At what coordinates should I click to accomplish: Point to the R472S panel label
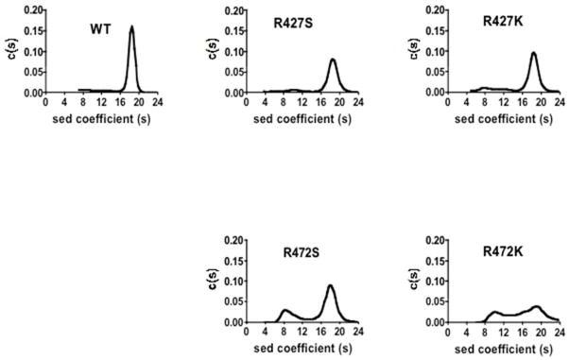(302, 253)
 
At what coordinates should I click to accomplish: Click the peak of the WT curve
(130, 27)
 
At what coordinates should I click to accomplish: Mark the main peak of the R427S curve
(333, 60)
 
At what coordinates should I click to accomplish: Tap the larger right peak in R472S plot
(330, 285)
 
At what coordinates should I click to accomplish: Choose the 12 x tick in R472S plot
(302, 332)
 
